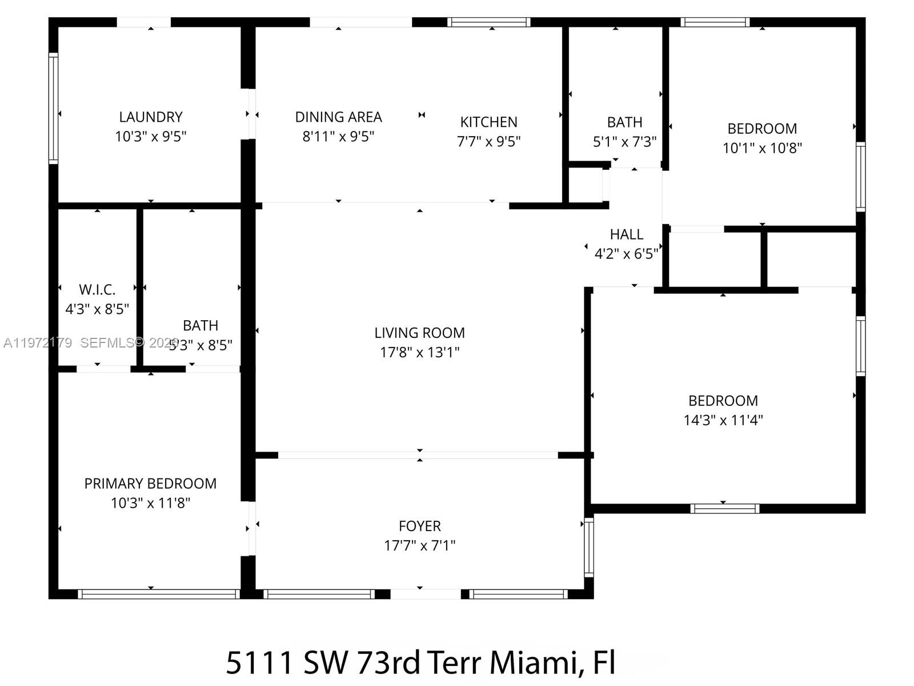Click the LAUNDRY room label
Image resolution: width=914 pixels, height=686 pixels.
click(x=151, y=117)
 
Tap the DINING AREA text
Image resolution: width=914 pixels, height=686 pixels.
click(x=338, y=117)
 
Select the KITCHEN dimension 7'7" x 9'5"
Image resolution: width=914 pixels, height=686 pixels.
click(x=488, y=141)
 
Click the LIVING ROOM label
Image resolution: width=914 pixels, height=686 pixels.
click(x=419, y=333)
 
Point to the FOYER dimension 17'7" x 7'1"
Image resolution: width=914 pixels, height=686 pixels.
click(x=419, y=545)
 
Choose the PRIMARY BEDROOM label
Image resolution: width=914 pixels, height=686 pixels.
click(x=150, y=484)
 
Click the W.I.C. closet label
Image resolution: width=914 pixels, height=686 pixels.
click(x=97, y=290)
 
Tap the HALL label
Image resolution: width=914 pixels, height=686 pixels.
click(x=626, y=234)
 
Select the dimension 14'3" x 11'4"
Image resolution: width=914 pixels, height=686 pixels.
click(x=723, y=420)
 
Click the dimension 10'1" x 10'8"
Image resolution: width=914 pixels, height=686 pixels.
click(x=762, y=148)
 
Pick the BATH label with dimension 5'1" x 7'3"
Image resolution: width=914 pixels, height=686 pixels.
click(x=624, y=122)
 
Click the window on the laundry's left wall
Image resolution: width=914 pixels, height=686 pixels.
click(x=53, y=109)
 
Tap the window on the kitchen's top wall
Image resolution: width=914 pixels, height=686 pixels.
click(x=488, y=22)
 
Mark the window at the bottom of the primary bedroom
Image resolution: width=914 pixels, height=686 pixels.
click(x=158, y=594)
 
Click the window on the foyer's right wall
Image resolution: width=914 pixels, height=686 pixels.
click(x=589, y=546)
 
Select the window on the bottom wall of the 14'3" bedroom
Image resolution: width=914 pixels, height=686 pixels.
click(x=724, y=508)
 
